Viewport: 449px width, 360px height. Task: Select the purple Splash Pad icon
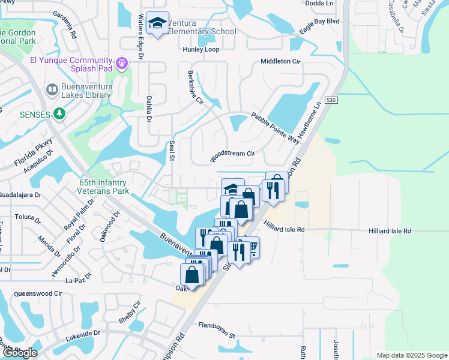point(122,62)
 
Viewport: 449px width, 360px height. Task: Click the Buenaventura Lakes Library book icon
point(51,91)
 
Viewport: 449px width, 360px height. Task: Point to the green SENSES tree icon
point(59,113)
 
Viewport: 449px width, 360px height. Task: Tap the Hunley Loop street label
point(201,50)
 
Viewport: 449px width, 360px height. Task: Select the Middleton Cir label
point(280,62)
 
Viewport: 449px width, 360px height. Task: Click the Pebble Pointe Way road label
point(275,127)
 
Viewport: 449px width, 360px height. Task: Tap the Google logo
point(20,352)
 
